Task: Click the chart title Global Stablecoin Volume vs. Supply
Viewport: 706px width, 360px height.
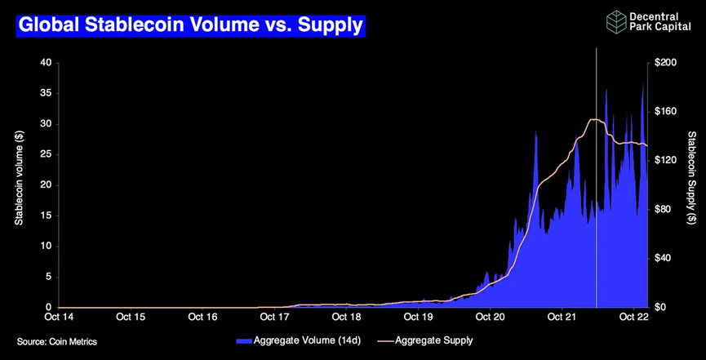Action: pyautogui.click(x=190, y=25)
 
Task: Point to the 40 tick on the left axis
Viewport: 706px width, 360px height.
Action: pyautogui.click(x=46, y=63)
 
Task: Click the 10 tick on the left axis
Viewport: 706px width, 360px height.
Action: pyautogui.click(x=46, y=246)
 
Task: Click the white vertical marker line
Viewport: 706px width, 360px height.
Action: pyautogui.click(x=597, y=204)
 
